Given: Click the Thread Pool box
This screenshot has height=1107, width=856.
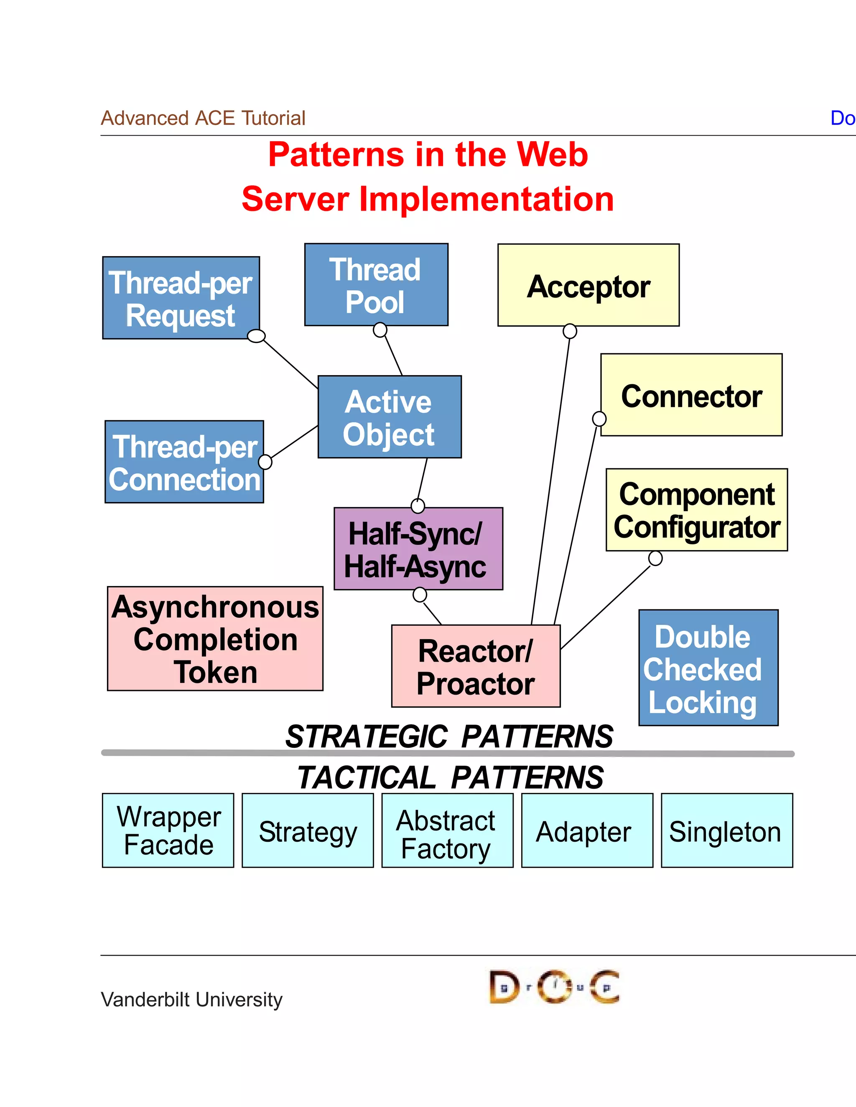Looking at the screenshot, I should point(376,284).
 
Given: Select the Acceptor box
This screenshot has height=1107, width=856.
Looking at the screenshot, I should point(588,285).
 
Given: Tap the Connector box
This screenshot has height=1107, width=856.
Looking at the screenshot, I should point(692,395).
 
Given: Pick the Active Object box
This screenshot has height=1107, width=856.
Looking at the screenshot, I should point(390,416).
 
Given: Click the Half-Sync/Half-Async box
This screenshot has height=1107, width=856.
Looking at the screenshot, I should point(418,548).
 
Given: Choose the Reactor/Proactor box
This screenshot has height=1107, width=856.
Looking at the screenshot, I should point(476,666).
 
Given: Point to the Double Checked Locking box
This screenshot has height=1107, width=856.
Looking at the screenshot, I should point(708,668).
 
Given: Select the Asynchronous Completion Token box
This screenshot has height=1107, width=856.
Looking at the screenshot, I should point(215,639).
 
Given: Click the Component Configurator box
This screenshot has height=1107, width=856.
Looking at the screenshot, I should point(697,510).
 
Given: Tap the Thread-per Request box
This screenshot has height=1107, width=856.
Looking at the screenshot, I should point(181,298).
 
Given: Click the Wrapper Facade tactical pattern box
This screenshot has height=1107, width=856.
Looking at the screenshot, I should point(168,830).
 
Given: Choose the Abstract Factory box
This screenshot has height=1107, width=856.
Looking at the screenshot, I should point(447,830).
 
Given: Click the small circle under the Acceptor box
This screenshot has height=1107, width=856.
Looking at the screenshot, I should point(570,331).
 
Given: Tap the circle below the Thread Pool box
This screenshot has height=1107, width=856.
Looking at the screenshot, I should point(380,330).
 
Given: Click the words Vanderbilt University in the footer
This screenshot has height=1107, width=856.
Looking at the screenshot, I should point(192,999).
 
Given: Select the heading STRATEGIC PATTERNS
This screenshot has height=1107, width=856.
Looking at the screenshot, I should point(449,736).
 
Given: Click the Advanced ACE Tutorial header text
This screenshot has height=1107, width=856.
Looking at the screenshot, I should point(203,118).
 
